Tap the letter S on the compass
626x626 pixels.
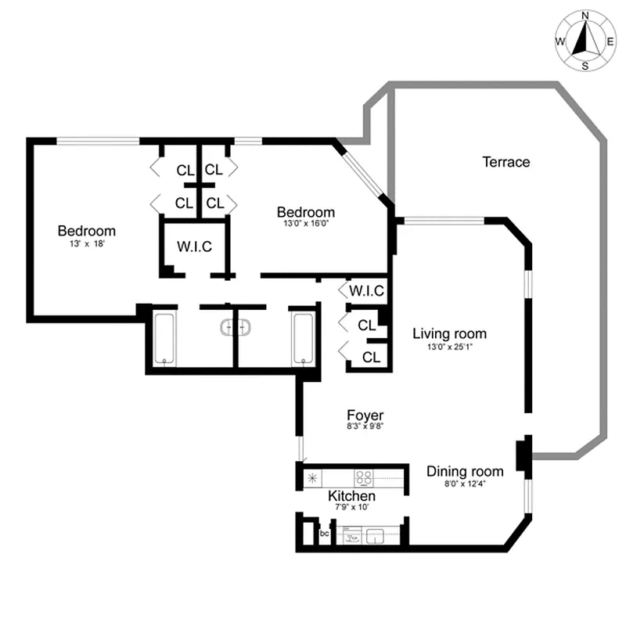(x=585, y=67)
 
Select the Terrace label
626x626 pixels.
(x=505, y=162)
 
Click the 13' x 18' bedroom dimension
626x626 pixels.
(x=86, y=244)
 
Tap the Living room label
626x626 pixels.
(x=449, y=334)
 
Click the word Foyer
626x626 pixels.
(x=365, y=415)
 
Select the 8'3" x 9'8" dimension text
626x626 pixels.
(x=365, y=427)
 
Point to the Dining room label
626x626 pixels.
(x=464, y=471)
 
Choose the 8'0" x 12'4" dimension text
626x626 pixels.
(x=464, y=484)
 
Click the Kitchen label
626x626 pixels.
(x=351, y=496)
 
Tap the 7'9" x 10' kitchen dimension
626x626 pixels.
(x=351, y=508)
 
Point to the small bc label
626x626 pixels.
(x=325, y=534)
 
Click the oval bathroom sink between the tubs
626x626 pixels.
(x=235, y=327)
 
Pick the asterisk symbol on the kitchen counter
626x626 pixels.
(x=312, y=477)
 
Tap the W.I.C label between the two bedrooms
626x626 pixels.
(x=194, y=246)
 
